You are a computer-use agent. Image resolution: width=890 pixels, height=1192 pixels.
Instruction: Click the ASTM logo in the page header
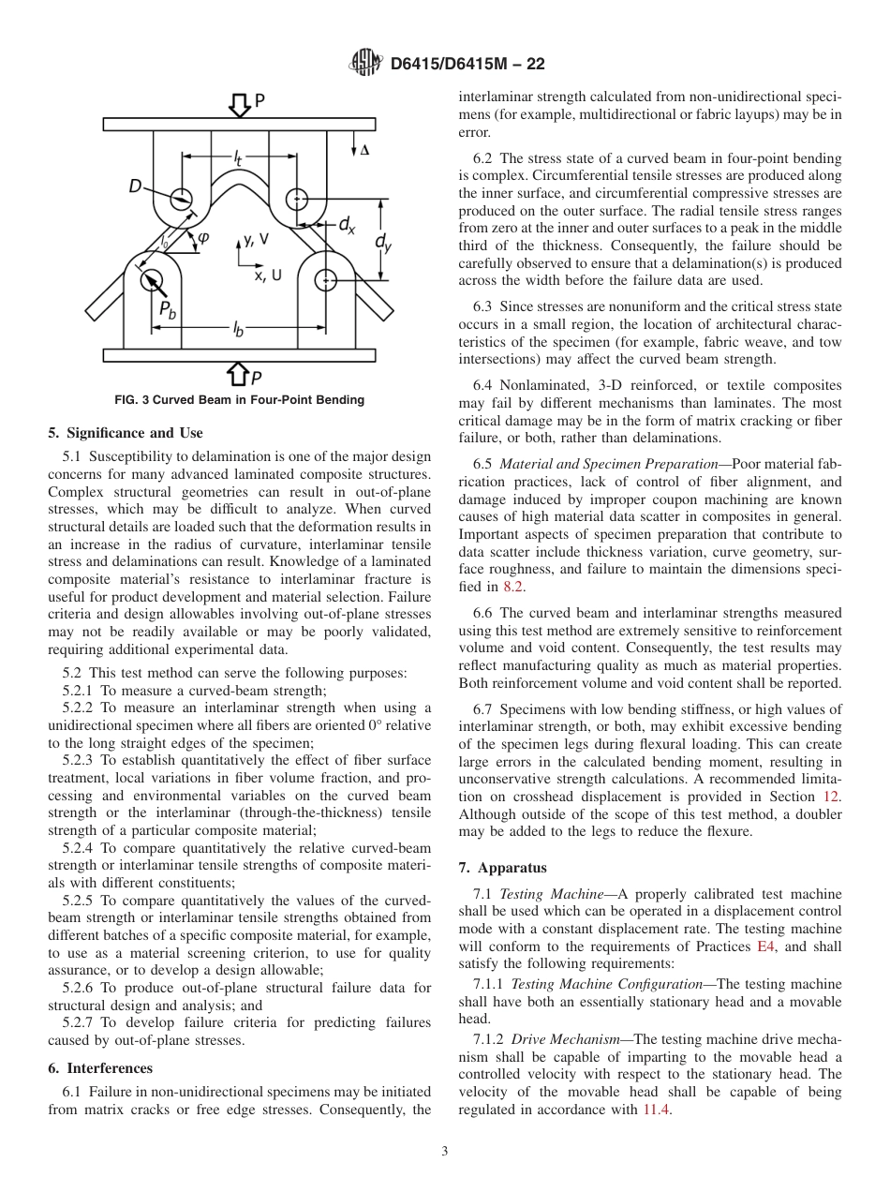tap(363, 63)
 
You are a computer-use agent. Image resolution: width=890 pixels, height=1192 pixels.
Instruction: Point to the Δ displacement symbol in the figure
tap(364, 150)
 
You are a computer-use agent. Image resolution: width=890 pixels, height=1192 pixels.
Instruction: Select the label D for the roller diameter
tap(136, 187)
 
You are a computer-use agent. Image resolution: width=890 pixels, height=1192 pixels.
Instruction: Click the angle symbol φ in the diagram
tap(202, 238)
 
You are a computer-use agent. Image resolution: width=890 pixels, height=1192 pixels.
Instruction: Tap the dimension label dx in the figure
tap(346, 224)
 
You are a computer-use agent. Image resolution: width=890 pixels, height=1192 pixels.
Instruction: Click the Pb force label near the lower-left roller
tap(166, 309)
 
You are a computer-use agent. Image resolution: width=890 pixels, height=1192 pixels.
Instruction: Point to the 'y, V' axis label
tap(256, 239)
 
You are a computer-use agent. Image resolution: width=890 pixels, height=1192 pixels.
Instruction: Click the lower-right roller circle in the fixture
tap(325, 278)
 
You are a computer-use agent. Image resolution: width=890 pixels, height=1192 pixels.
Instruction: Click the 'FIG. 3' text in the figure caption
tap(132, 400)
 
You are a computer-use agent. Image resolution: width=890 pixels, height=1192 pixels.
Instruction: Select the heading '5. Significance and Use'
tap(125, 432)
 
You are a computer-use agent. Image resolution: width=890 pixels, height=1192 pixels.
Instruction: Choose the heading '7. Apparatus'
tap(502, 868)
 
